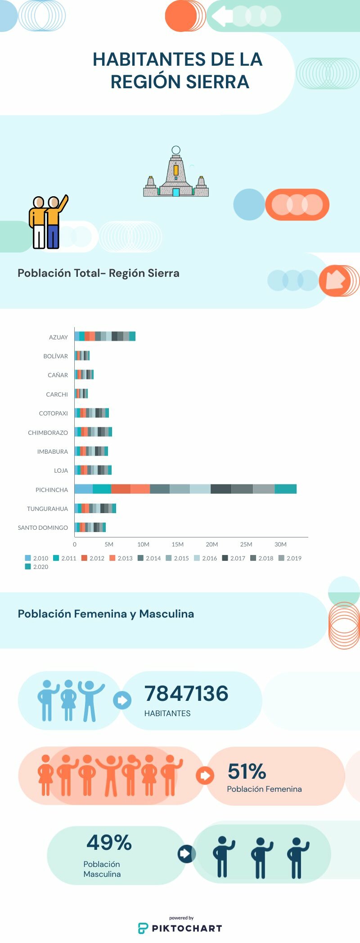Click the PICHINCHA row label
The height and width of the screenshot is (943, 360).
point(51,490)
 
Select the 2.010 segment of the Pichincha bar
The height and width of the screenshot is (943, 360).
point(84,489)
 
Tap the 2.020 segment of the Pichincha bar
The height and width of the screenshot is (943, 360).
point(285,489)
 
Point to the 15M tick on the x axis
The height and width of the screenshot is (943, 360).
point(177,544)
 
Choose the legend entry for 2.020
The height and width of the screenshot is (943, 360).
point(37,567)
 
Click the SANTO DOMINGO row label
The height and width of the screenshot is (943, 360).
point(43,528)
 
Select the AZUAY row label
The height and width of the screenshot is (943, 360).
point(58,337)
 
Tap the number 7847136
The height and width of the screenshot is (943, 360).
point(186,694)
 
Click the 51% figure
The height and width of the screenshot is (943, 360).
point(247,772)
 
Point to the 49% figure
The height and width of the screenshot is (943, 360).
point(109,843)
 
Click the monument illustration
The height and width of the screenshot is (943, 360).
point(176,173)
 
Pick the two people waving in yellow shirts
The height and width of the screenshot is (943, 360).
point(47,222)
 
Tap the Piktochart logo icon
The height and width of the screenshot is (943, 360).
point(143,928)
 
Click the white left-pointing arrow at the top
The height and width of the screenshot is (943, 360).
point(221,16)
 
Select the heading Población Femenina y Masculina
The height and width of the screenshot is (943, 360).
point(106,614)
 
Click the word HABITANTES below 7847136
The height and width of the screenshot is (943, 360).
point(167,713)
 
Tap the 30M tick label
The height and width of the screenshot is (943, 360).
point(280,544)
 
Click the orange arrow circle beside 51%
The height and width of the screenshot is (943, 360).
point(205,775)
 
